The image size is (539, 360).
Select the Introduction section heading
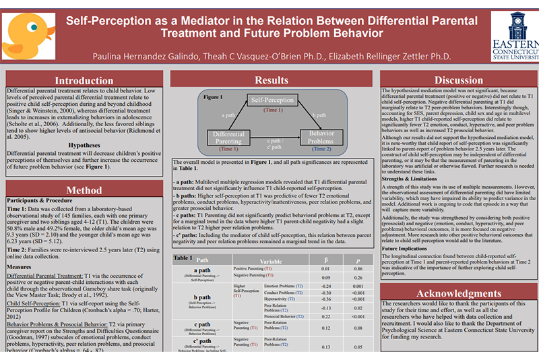tap(84, 80)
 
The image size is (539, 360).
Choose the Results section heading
tap(272, 80)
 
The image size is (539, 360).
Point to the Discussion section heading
tap(457, 80)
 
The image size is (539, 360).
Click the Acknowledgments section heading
tap(457, 294)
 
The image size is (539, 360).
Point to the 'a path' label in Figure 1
tap(228, 115)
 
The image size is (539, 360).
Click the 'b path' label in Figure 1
tap(317, 115)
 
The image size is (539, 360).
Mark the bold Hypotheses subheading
tap(84, 144)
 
